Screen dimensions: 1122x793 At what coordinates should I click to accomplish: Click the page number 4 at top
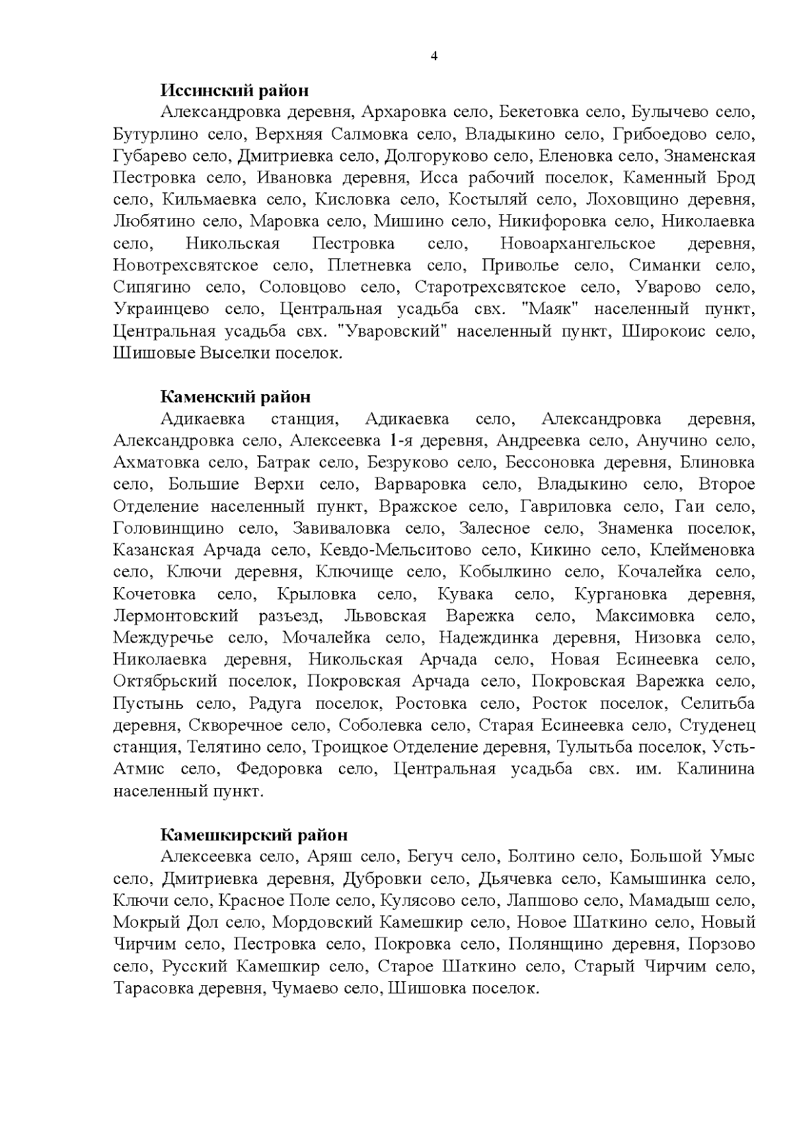pyautogui.click(x=434, y=56)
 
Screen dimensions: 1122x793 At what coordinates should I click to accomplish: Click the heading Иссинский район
pyautogui.click(x=235, y=90)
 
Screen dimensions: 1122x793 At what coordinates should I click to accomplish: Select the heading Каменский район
pyautogui.click(x=235, y=397)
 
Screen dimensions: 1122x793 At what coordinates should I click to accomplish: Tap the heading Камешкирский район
pyautogui.click(x=254, y=835)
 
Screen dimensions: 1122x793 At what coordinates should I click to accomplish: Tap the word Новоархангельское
pyautogui.click(x=578, y=243)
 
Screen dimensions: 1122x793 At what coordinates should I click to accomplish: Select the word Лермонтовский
pyautogui.click(x=175, y=616)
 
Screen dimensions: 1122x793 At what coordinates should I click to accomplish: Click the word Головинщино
pyautogui.click(x=169, y=528)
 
